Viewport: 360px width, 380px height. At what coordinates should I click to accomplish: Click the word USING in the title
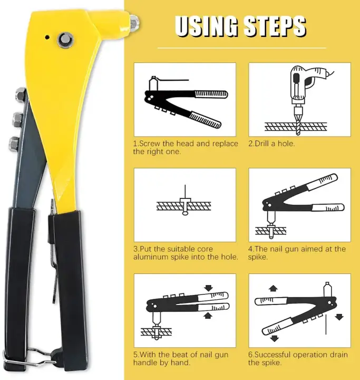206,26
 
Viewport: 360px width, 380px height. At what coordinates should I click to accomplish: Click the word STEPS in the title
275,26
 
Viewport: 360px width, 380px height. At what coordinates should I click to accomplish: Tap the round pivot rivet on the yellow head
65,40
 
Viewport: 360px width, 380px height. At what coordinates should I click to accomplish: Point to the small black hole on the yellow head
47,37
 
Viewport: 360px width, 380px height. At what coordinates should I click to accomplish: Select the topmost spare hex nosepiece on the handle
21,94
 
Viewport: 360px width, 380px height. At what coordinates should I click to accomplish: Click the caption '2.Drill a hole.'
271,144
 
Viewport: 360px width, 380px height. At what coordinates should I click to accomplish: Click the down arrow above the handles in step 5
208,288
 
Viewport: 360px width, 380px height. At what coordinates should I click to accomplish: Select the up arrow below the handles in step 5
207,315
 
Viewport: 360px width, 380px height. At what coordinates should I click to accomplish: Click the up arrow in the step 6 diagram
274,288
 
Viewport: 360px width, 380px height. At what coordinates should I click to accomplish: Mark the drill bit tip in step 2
298,135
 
